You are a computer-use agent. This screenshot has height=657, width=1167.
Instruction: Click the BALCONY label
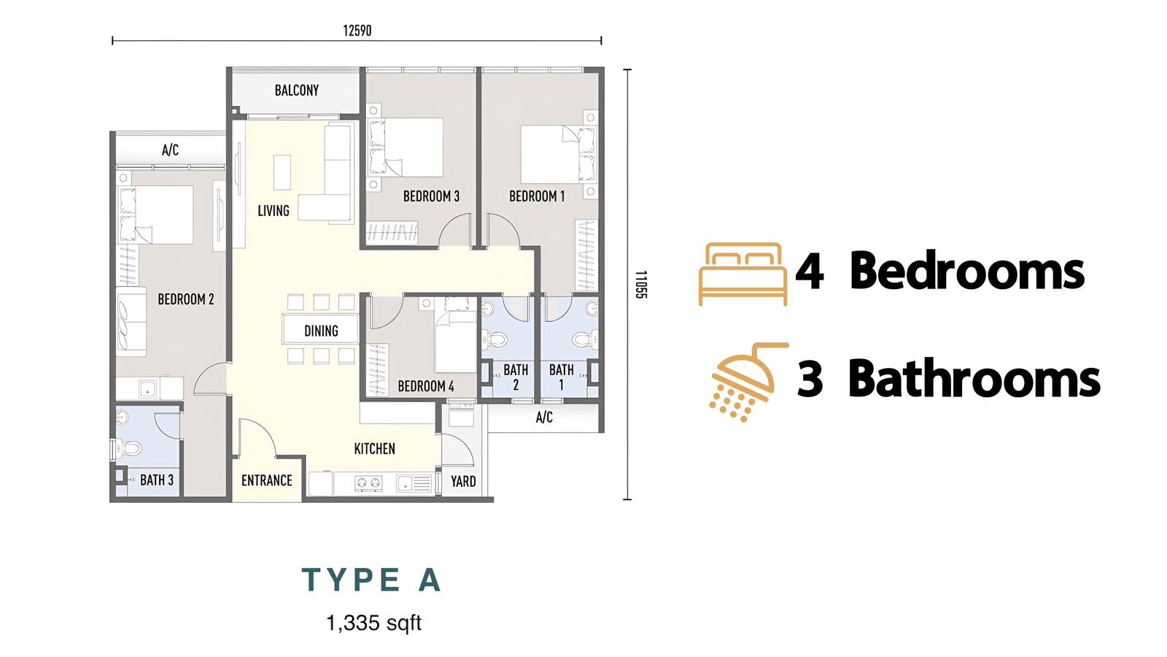[296, 91]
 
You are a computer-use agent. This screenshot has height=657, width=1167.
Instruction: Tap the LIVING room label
[274, 211]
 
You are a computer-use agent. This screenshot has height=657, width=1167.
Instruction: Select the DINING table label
[321, 331]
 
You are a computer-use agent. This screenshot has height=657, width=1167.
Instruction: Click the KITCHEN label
[375, 448]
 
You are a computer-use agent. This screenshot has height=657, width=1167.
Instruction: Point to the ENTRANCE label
[267, 480]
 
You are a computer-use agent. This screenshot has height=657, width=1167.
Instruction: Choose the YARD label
[463, 481]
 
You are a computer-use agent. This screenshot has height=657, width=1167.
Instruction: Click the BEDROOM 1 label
[537, 196]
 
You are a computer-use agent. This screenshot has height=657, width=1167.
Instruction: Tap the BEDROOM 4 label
[426, 386]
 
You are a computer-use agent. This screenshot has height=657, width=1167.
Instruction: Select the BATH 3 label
[157, 480]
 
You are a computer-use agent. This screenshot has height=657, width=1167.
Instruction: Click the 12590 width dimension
[357, 31]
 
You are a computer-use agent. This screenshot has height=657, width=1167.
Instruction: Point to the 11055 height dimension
[641, 284]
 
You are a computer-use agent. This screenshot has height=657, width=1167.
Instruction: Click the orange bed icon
[743, 274]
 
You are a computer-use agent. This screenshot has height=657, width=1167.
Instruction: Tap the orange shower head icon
[748, 383]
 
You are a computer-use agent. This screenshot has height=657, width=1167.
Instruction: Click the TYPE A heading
[372, 580]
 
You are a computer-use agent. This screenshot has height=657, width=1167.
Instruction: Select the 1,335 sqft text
[373, 623]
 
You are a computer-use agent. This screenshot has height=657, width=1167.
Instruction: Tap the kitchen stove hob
[368, 483]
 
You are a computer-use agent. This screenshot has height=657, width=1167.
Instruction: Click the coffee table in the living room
[282, 172]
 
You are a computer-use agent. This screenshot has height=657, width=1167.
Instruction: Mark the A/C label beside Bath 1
[544, 417]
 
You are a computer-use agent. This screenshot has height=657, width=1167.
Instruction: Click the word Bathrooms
[974, 378]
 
